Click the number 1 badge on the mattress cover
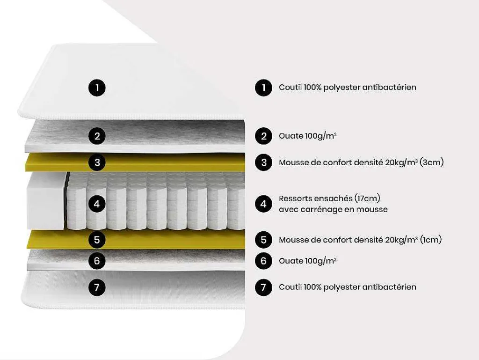pos(97,88)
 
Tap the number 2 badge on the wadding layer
pos(97,136)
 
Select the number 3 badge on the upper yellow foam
pos(97,162)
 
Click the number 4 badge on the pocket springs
pos(97,204)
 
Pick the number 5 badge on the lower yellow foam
pos(97,240)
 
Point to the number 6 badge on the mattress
pos(97,261)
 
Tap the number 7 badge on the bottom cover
pos(97,287)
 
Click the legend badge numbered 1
pos(264,88)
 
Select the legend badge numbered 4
pos(264,204)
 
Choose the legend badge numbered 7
pos(264,287)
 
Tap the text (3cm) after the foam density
pos(431,162)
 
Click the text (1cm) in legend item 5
pos(431,240)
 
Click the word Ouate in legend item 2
pos(291,136)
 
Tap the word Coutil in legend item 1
pos(290,88)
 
